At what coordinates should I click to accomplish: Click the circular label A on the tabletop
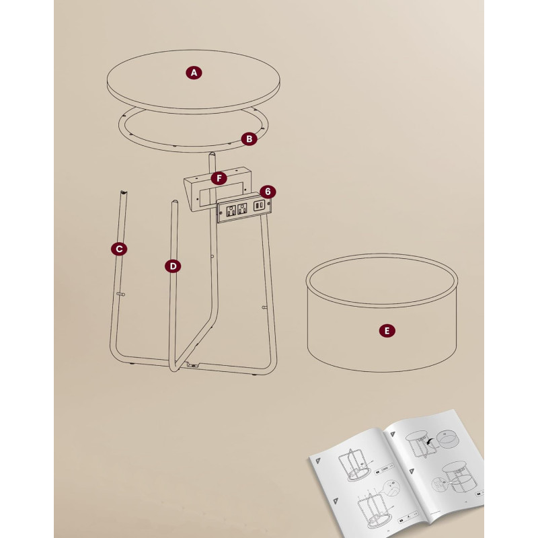click(x=194, y=73)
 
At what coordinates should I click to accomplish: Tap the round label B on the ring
click(x=249, y=139)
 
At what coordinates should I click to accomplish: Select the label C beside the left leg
click(x=119, y=249)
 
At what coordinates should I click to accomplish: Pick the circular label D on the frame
click(x=173, y=266)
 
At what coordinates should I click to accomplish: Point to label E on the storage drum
click(x=387, y=331)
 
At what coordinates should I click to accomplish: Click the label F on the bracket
click(x=219, y=178)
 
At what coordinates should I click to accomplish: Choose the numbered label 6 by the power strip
click(x=268, y=192)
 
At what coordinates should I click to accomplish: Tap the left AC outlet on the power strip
click(x=231, y=210)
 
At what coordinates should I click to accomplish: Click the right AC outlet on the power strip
click(x=242, y=208)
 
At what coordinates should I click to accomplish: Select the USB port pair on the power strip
click(x=259, y=205)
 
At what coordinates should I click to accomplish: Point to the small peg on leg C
click(x=121, y=294)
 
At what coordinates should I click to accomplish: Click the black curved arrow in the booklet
click(x=430, y=443)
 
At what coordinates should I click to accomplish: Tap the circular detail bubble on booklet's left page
click(x=391, y=488)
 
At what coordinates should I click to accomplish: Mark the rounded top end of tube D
click(x=175, y=202)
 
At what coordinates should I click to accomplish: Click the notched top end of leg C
click(x=123, y=193)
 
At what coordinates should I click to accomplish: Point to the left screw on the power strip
click(x=221, y=213)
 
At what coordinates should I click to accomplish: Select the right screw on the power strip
click(x=268, y=204)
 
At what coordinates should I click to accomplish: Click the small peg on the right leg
click(x=264, y=307)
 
